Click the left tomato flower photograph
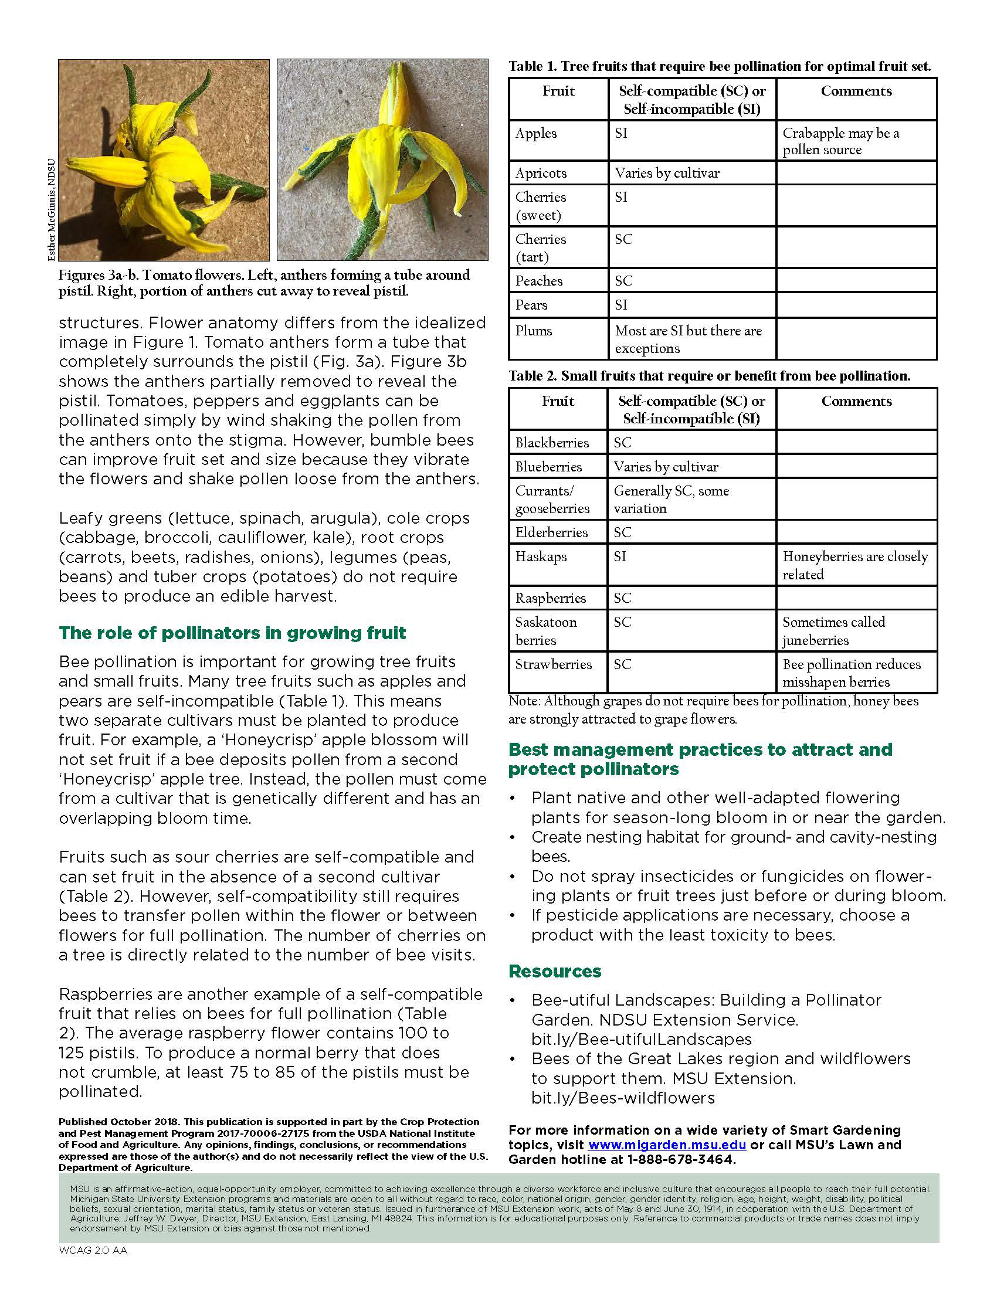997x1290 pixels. pos(164,159)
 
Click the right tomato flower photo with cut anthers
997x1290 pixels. pos(382,159)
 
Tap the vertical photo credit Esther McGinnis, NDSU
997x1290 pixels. pos(52,211)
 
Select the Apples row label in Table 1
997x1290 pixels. pos(535,134)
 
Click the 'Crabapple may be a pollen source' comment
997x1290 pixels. pos(840,141)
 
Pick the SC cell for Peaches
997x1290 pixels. pos(624,281)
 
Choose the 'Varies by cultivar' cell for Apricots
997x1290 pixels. pos(667,173)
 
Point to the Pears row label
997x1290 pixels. pos(531,305)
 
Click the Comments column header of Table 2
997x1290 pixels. pos(856,402)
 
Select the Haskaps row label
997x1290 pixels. pos(541,556)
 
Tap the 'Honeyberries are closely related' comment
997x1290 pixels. pos(854,565)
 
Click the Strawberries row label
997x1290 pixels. pos(554,664)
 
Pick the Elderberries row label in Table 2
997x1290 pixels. pos(551,533)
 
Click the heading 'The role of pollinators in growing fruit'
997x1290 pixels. pos(232,633)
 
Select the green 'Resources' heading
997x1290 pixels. pos(555,972)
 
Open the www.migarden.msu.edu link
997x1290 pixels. pos(667,1145)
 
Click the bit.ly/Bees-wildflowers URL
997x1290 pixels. pos(622,1098)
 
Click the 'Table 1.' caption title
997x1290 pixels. pos(532,67)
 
